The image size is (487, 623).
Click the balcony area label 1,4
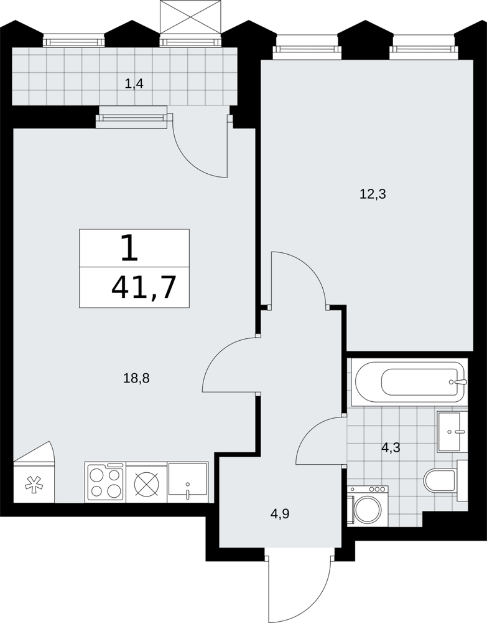point(134,84)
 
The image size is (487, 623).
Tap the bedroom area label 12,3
point(373,194)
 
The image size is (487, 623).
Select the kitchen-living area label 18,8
point(136,378)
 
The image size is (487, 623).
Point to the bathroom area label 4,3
point(391,448)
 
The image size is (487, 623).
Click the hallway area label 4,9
point(280,514)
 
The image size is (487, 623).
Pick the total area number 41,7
point(144,288)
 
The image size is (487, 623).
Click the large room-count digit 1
point(130,248)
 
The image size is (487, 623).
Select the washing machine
point(368,506)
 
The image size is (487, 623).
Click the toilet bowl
point(445,480)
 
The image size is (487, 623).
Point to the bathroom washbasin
point(452,432)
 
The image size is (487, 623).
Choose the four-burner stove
point(104,482)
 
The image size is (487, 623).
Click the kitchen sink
point(188,482)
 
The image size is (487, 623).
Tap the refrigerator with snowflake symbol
point(34,482)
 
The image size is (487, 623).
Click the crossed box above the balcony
point(190,17)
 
